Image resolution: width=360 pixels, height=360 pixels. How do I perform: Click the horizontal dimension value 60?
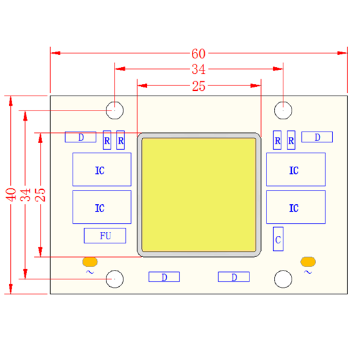pos(199,54)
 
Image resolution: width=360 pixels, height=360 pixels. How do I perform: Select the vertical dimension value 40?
pos(11,195)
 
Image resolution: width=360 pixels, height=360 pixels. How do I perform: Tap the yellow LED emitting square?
pos(199,195)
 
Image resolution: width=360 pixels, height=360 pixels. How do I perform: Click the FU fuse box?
pos(105,235)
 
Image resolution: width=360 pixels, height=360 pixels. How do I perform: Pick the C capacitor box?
pos(278,239)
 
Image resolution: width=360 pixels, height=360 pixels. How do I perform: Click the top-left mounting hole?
pos(115,111)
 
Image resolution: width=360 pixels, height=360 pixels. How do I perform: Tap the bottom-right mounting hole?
pos(283,279)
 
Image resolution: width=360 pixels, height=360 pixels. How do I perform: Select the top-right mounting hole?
pos(283,111)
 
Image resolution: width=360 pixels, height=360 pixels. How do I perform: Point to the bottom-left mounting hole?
pos(115,279)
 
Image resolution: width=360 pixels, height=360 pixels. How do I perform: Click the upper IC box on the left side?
pos(102,169)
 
